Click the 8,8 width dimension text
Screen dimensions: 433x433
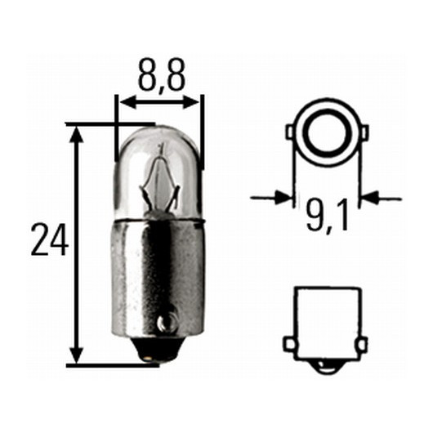[x=161, y=75]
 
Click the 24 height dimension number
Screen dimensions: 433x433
[x=50, y=239]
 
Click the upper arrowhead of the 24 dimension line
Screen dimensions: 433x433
[x=77, y=136]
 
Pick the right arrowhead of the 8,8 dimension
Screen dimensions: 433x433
[x=190, y=102]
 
